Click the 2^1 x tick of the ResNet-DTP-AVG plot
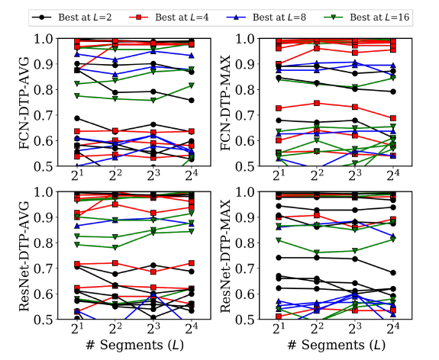(78, 329)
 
